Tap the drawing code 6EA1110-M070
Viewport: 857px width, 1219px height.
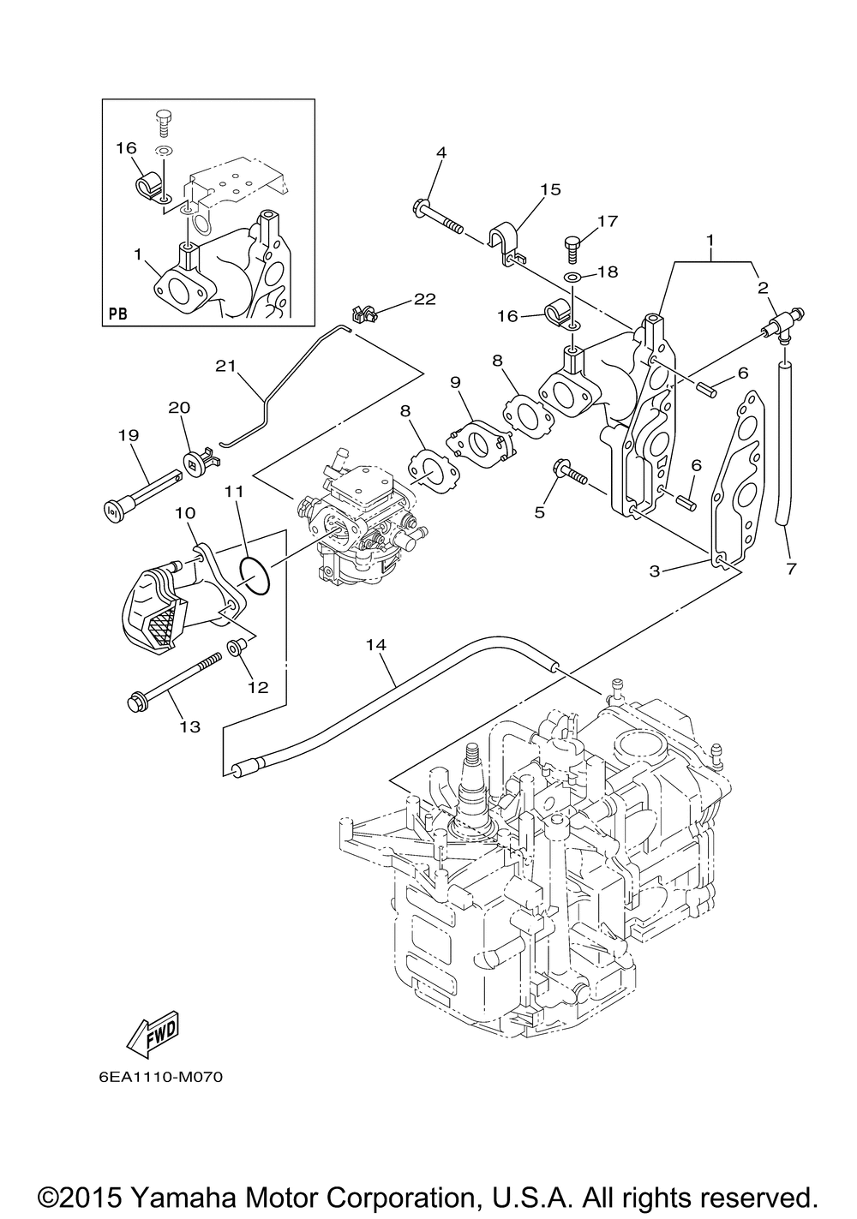pos(160,1077)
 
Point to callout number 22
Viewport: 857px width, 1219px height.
pos(424,299)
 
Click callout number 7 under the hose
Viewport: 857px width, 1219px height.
pos(789,569)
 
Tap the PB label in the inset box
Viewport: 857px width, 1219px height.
pos(118,314)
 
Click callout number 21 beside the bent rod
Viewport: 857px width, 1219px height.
pos(225,366)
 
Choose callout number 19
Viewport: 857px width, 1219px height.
pos(128,435)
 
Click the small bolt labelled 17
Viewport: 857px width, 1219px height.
pos(573,246)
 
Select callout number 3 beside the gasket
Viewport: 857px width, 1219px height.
pos(655,571)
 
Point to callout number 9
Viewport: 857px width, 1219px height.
pos(455,379)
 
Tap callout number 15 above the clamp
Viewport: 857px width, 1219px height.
pos(550,189)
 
